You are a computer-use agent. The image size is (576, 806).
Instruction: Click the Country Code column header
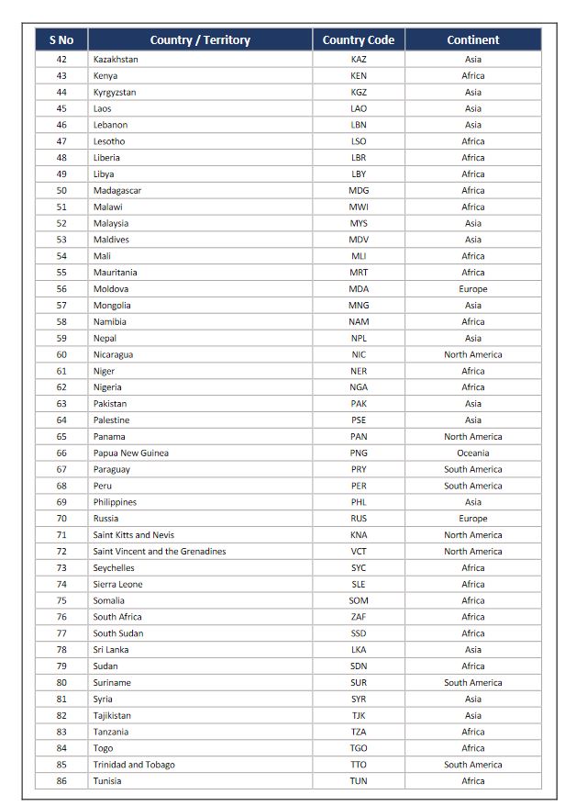(x=359, y=39)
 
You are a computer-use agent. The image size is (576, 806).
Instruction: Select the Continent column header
(x=472, y=39)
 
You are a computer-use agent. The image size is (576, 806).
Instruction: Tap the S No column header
(x=61, y=39)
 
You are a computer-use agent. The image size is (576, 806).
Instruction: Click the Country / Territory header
(x=200, y=39)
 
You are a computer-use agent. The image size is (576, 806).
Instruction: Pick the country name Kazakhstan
(x=116, y=60)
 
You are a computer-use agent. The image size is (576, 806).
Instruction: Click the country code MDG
(x=359, y=191)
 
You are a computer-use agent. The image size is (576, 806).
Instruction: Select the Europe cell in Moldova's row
(x=472, y=289)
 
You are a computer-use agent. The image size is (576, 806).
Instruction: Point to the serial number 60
(x=61, y=355)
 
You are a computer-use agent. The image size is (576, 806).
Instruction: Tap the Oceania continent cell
(x=472, y=453)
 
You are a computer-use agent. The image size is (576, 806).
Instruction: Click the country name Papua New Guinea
(x=130, y=453)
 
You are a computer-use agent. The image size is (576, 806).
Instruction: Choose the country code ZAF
(x=359, y=618)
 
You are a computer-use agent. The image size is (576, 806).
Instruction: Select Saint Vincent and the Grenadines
(x=159, y=552)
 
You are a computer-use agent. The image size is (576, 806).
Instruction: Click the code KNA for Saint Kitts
(x=359, y=535)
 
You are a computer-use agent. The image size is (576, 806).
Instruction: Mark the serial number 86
(x=61, y=781)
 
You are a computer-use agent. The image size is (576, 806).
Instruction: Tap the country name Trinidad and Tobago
(x=134, y=765)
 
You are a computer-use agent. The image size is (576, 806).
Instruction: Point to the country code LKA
(x=359, y=650)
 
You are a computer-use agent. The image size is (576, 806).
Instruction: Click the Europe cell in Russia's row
(x=472, y=519)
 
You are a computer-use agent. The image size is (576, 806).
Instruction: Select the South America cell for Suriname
(x=472, y=683)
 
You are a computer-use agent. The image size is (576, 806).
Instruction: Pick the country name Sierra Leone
(x=117, y=585)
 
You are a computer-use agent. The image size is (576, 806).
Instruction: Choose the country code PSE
(x=359, y=420)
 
